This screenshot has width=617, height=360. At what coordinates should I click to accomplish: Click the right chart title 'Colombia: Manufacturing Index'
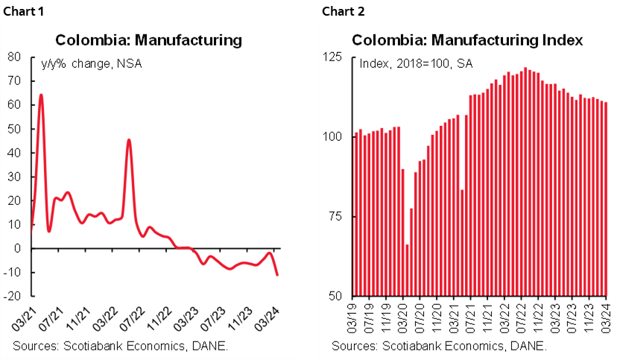click(467, 40)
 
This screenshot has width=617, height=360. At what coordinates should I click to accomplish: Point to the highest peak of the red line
click(40, 95)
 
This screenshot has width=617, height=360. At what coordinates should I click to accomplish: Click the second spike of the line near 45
click(129, 140)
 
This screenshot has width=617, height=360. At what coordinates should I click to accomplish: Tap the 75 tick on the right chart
click(335, 216)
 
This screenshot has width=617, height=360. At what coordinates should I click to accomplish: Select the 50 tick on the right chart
click(335, 296)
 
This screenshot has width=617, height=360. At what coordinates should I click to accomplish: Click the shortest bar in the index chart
click(407, 270)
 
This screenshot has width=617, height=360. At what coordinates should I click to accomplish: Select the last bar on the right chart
click(606, 199)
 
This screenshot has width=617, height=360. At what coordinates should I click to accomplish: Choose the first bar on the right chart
click(355, 215)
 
